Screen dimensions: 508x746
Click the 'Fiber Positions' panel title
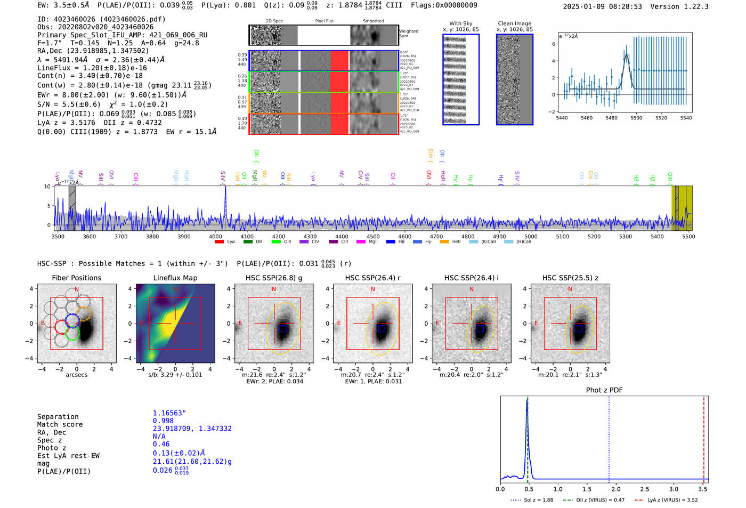point(76,278)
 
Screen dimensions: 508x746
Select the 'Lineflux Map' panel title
point(175,278)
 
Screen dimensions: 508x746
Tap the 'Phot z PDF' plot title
point(604,390)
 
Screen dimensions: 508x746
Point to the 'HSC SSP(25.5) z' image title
point(570,278)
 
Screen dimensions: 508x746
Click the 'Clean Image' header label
point(514,23)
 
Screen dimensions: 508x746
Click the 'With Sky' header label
point(460,23)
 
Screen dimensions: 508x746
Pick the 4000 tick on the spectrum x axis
point(215,236)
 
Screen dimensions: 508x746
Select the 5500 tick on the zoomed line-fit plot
point(636,118)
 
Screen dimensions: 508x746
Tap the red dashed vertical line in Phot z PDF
point(703,437)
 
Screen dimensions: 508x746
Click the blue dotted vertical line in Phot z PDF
point(609,437)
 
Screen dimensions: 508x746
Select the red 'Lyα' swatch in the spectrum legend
point(219,242)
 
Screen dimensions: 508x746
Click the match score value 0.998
point(163,421)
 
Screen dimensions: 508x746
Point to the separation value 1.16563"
point(169,413)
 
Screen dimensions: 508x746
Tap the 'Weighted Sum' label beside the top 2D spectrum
point(408,34)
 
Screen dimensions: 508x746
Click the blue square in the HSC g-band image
point(283,329)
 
